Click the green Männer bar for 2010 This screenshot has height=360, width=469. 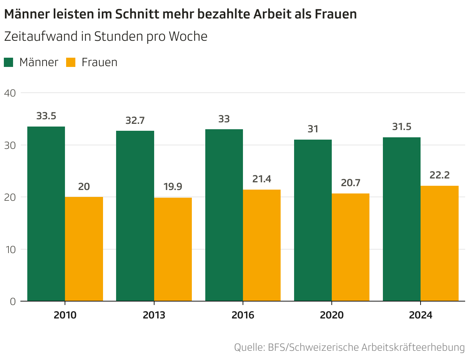point(46,214)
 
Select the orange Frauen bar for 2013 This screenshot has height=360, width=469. point(173,249)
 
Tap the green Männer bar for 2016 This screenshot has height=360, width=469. point(224,215)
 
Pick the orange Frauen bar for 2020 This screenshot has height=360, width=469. point(351,247)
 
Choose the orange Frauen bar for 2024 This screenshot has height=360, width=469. point(440,243)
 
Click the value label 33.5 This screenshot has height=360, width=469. point(46,116)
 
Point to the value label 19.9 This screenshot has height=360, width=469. point(173,187)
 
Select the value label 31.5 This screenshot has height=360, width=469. point(402,127)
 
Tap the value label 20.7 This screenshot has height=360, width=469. point(351,182)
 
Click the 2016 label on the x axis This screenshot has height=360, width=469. point(243,315)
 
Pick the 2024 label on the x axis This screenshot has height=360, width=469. point(421,315)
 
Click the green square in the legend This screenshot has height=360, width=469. point(9,62)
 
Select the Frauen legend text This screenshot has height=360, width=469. point(99,62)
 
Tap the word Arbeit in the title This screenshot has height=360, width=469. point(273,14)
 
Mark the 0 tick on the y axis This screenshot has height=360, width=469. point(12,302)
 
